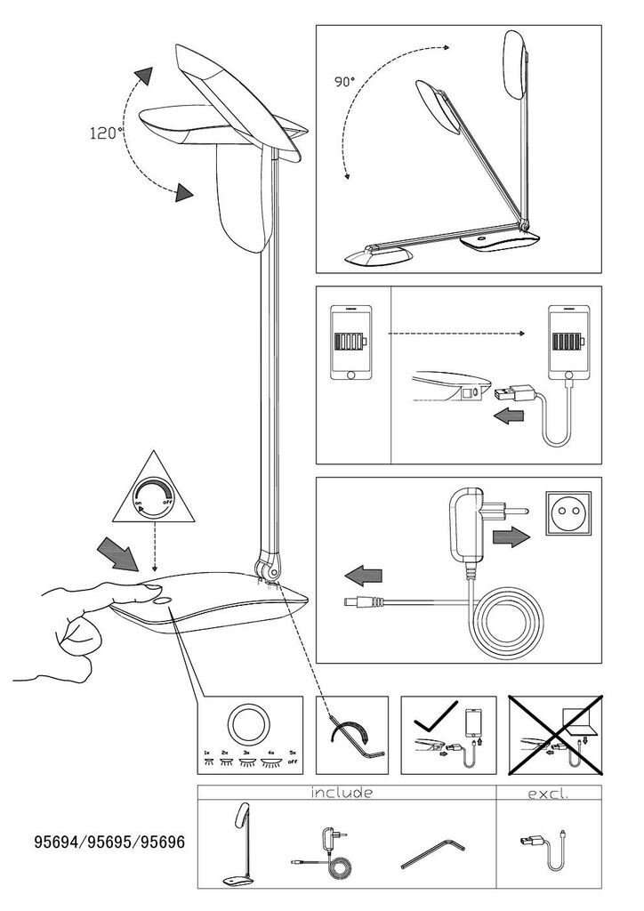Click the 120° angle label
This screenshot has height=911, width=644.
click(x=106, y=133)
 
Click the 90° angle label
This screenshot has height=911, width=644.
click(x=344, y=81)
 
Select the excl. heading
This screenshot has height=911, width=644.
click(x=544, y=792)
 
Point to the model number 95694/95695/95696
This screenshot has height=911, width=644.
click(x=109, y=840)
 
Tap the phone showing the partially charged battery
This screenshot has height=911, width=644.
click(x=349, y=343)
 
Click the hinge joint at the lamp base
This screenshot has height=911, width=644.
click(x=269, y=567)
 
